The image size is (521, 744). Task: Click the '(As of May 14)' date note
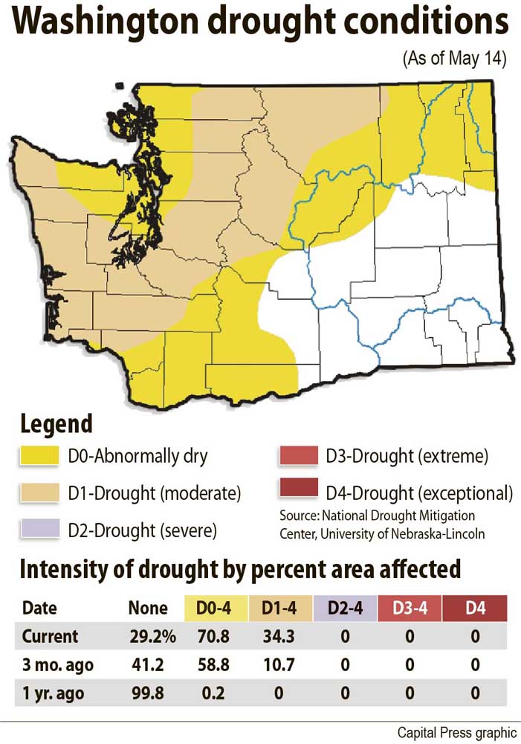click(454, 60)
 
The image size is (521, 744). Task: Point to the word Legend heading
click(56, 424)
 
